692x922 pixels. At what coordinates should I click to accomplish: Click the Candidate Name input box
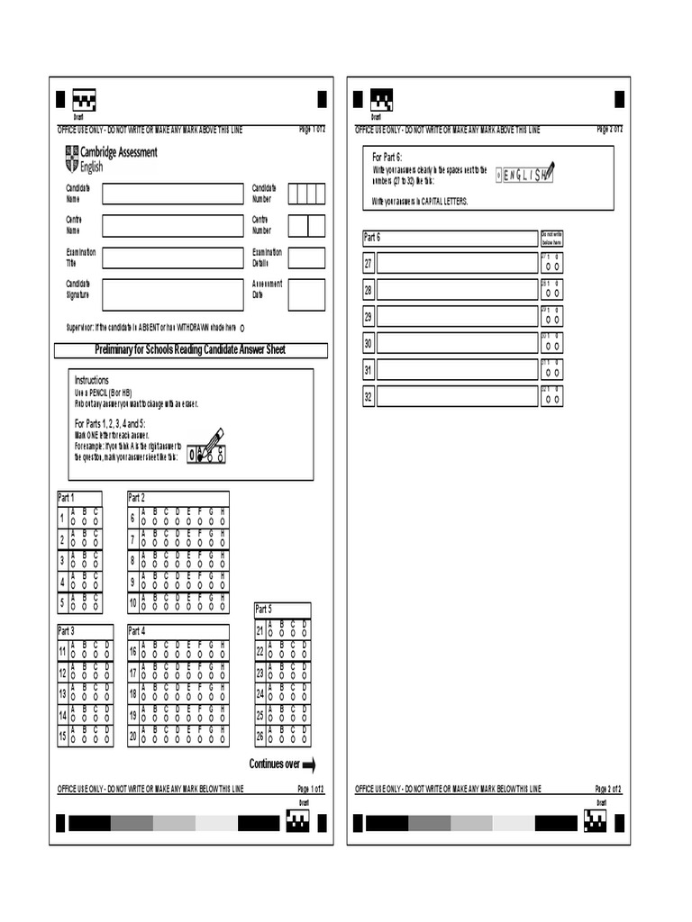point(172,194)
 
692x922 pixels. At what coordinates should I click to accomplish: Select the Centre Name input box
point(172,225)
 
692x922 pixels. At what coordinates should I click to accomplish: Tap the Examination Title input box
point(172,258)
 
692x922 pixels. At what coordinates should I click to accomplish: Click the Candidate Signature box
point(172,294)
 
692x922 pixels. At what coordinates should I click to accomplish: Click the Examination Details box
point(306,258)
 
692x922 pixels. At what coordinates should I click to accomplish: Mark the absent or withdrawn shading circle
point(243,328)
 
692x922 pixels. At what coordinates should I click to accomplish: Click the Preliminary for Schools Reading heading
point(190,349)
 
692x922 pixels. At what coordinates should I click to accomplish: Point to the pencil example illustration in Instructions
point(208,447)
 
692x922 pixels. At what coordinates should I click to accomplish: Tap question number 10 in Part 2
point(132,603)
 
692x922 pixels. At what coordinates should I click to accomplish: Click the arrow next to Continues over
point(308,765)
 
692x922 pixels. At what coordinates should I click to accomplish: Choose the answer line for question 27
point(457,263)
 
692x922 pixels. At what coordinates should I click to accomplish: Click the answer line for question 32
point(457,397)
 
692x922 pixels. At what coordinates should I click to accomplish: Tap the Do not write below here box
point(551,238)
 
